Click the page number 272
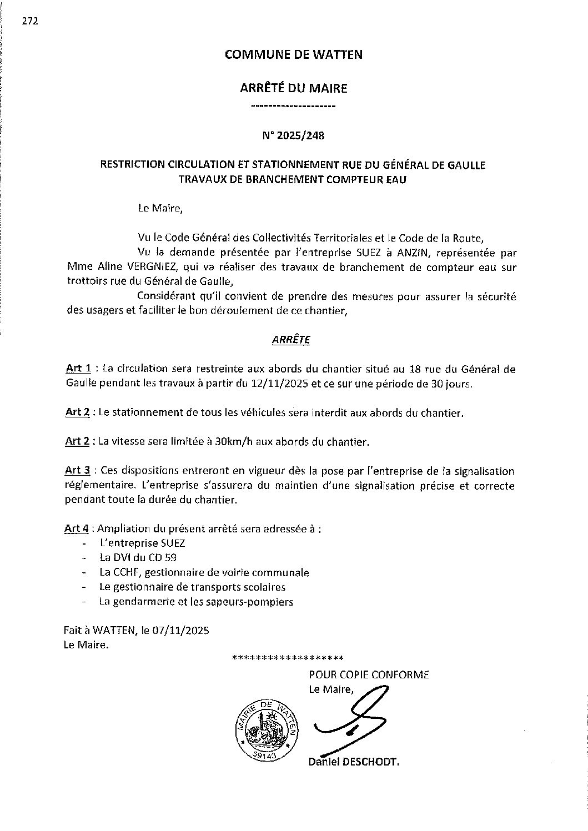click(29, 22)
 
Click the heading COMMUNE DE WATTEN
click(293, 54)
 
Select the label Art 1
click(78, 369)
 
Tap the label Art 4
click(77, 528)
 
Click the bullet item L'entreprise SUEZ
click(142, 543)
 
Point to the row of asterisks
click(287, 658)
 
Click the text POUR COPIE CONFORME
click(369, 675)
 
